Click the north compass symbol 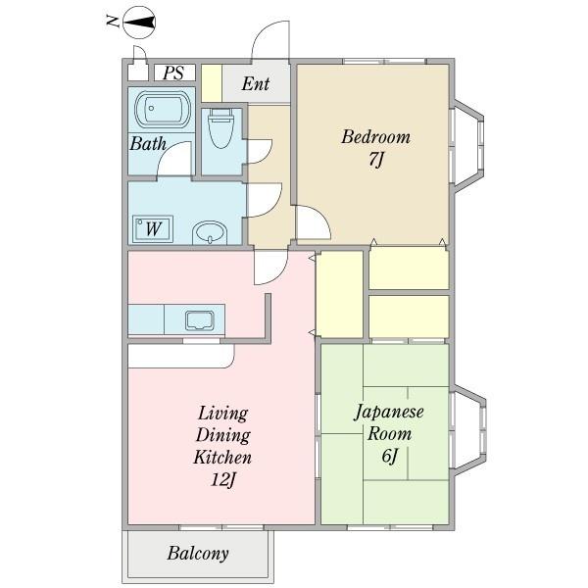pos(139,23)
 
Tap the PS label pos(173,73)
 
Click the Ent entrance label pos(256,83)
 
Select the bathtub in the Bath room pos(163,109)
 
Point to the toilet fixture pos(220,127)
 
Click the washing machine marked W pos(153,228)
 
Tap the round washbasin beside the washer pos(210,232)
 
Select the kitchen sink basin pos(200,320)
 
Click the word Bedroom pos(375,137)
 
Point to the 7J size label pos(375,160)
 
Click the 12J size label pos(222,479)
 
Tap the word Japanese pos(389,413)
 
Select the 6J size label pos(390,456)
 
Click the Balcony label pos(198,554)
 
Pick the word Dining pos(223,436)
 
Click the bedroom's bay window pos(468,146)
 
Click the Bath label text pos(148,144)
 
